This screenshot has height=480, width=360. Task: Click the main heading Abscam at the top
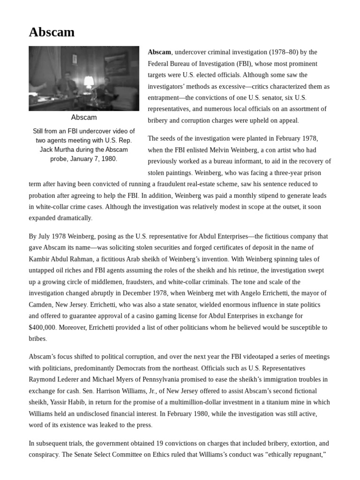52,32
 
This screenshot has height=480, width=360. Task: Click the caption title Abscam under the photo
84,117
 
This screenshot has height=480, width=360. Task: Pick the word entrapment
165,97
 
